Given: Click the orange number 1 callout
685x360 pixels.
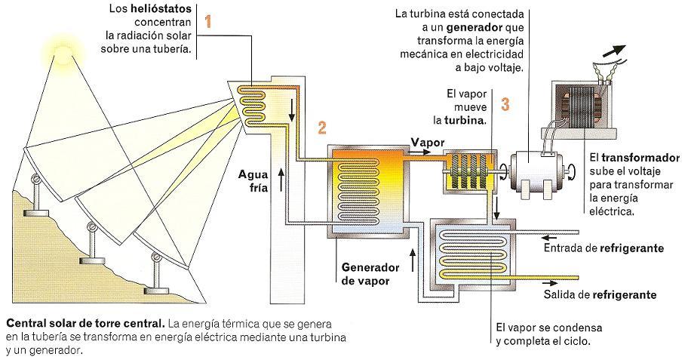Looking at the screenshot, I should (209, 21).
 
